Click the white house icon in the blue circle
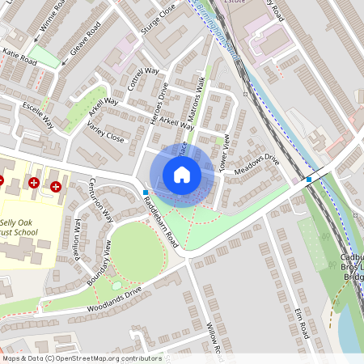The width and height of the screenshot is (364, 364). coord(182,174)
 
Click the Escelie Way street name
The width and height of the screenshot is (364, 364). coord(37,115)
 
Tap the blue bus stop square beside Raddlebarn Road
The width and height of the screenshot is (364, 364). coord(145,193)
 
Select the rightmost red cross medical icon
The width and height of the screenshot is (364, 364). coord(56,187)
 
